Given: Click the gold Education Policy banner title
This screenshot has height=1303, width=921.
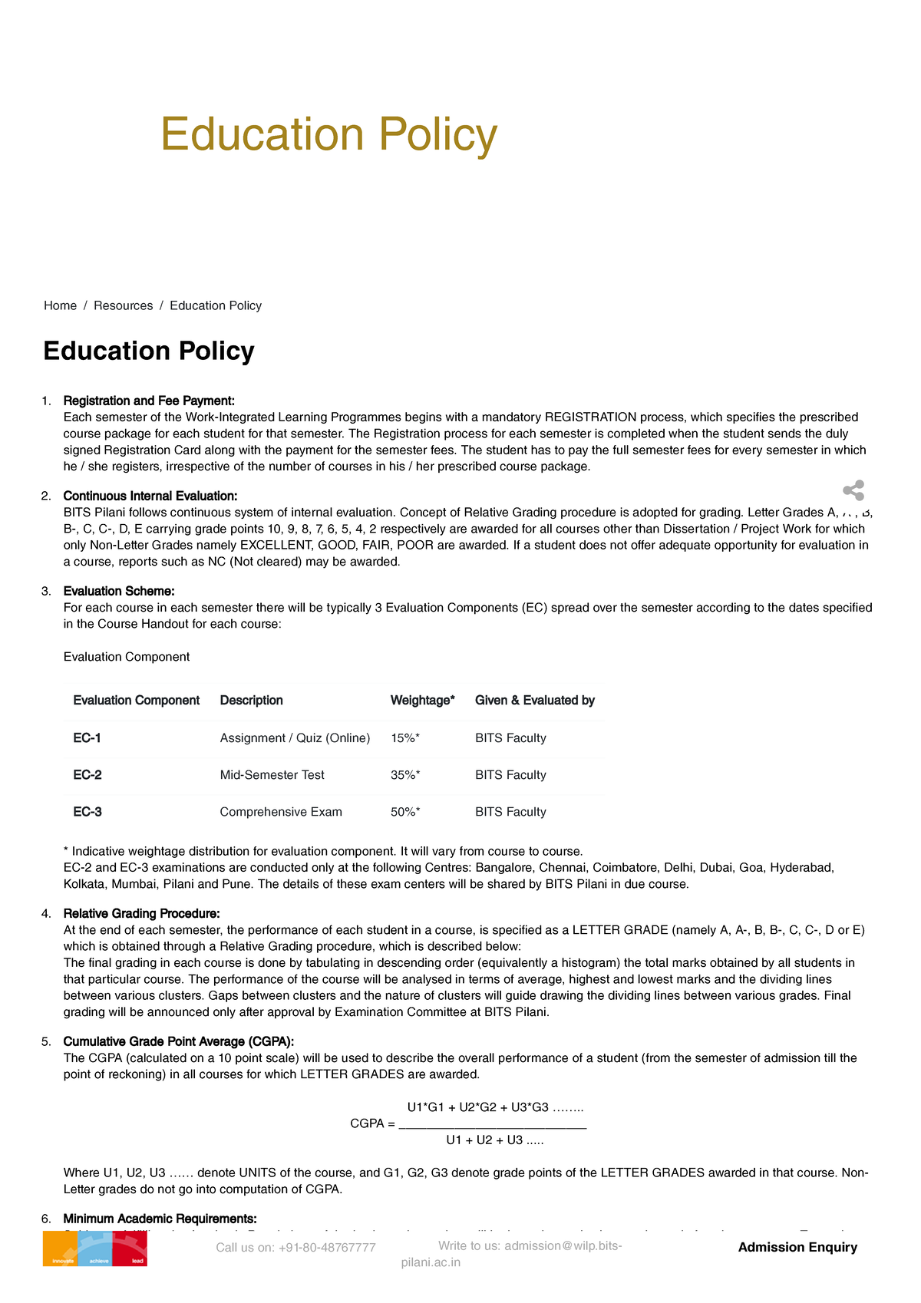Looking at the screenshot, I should click(x=328, y=135).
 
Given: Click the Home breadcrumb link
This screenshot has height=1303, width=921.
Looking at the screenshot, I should click(x=60, y=305).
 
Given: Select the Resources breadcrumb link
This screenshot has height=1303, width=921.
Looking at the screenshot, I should click(x=123, y=305).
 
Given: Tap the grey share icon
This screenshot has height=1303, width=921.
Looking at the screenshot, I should click(x=853, y=491).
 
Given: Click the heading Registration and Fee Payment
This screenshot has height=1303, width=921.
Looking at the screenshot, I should click(x=149, y=401).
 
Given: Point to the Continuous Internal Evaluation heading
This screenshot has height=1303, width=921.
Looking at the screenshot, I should click(x=150, y=496).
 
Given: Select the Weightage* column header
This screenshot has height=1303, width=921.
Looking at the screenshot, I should click(x=422, y=700).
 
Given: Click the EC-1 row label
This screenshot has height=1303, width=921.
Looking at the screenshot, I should click(x=87, y=738).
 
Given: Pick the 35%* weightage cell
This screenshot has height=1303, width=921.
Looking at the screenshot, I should click(x=405, y=775).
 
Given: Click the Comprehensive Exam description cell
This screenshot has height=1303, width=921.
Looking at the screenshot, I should click(x=281, y=812).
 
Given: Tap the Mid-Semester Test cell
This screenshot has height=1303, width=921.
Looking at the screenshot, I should click(x=272, y=775).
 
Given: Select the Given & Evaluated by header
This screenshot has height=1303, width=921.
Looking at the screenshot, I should click(x=534, y=700).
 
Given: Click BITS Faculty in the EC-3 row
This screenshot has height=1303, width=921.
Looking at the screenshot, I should click(x=510, y=812).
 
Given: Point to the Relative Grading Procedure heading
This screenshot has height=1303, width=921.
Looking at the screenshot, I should click(x=141, y=913).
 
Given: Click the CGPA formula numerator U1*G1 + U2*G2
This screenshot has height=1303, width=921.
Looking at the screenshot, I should click(x=495, y=1107).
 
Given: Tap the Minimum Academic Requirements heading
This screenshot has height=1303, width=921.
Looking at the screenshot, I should click(x=160, y=1219).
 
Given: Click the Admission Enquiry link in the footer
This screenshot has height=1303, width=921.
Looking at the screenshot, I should click(x=797, y=1247).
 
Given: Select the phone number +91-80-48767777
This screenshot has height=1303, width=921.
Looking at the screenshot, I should click(x=295, y=1248).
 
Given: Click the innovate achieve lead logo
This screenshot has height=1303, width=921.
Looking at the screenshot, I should click(x=95, y=1249).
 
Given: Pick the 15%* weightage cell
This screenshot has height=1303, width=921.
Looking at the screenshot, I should click(x=405, y=738).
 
